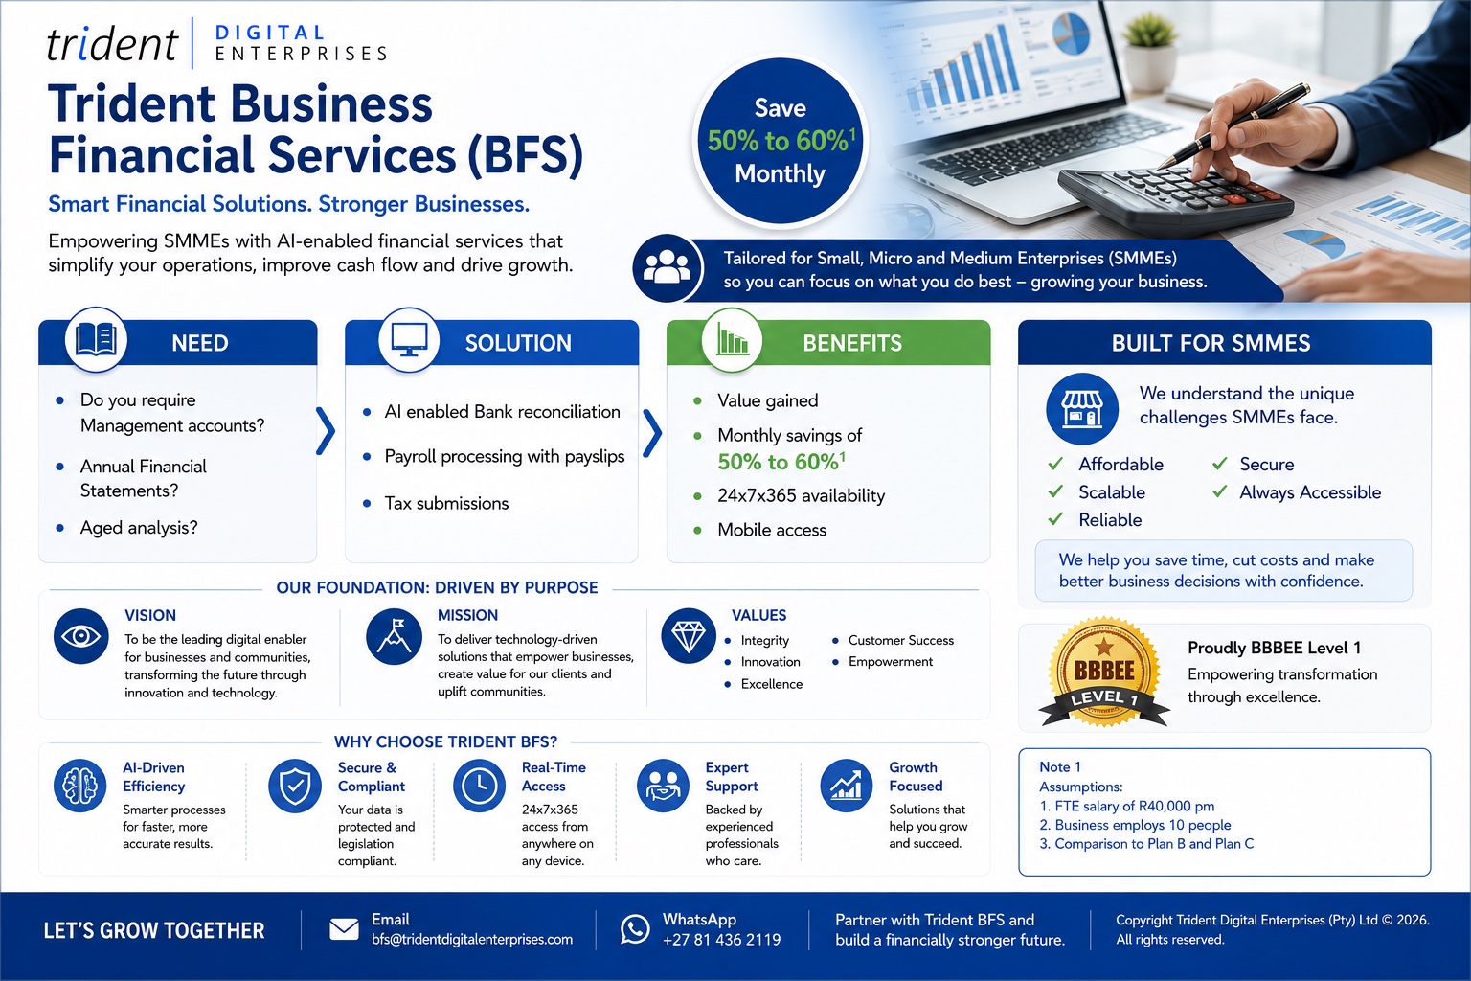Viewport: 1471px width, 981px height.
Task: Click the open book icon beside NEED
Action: pyautogui.click(x=96, y=340)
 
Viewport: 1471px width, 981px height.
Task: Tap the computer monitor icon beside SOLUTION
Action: pyautogui.click(x=409, y=340)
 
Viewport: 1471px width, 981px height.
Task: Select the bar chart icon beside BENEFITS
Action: pyautogui.click(x=732, y=339)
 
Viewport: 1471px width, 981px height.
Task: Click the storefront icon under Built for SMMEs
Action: pyautogui.click(x=1081, y=409)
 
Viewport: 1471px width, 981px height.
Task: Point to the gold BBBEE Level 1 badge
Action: pyautogui.click(x=1104, y=673)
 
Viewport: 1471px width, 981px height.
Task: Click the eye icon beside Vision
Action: pyautogui.click(x=80, y=636)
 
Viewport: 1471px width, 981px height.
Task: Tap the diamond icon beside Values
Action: pyautogui.click(x=689, y=636)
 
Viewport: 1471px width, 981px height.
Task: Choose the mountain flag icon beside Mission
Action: pyautogui.click(x=394, y=636)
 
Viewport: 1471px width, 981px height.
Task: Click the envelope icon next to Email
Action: pyautogui.click(x=344, y=929)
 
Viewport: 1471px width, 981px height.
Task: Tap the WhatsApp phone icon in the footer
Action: pyautogui.click(x=635, y=929)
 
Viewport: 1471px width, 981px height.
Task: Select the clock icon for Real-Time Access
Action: pyautogui.click(x=480, y=786)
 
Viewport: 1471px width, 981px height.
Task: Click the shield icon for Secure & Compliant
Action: pyautogui.click(x=295, y=786)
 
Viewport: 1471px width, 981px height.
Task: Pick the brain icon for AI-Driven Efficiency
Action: pyautogui.click(x=80, y=786)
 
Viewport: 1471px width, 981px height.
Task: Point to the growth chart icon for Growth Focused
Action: pyautogui.click(x=847, y=786)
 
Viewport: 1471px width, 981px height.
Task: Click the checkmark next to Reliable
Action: pyautogui.click(x=1055, y=519)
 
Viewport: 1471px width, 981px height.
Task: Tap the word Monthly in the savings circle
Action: pyautogui.click(x=780, y=174)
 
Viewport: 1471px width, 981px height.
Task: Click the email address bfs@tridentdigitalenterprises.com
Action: pyautogui.click(x=472, y=940)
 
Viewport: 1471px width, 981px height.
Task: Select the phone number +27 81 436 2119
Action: pyautogui.click(x=722, y=940)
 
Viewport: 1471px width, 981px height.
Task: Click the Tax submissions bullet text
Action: pyautogui.click(x=446, y=503)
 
